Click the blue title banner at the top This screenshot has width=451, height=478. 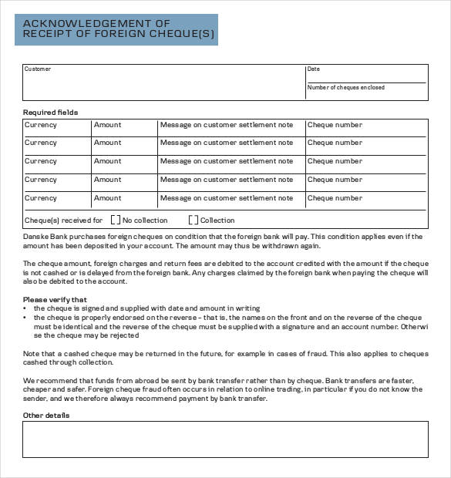116,29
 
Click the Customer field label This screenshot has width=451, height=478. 38,69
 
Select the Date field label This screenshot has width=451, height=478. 313,69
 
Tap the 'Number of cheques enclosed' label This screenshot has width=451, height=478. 345,88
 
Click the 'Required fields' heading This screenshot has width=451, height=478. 50,113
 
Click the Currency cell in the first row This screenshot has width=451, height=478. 41,125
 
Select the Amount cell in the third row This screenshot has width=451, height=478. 107,161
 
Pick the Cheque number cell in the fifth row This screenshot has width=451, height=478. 335,198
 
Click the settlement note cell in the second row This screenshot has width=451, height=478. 227,143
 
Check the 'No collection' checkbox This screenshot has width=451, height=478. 116,220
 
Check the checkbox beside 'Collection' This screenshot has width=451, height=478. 194,220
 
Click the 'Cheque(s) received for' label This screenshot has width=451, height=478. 63,220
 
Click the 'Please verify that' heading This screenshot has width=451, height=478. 55,299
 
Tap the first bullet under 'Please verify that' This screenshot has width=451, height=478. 25,308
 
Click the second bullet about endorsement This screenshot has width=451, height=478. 25,318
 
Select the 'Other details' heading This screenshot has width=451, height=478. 46,416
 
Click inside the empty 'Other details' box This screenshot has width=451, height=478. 225,439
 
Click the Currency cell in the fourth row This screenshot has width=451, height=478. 41,180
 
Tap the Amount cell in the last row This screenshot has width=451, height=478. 107,198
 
